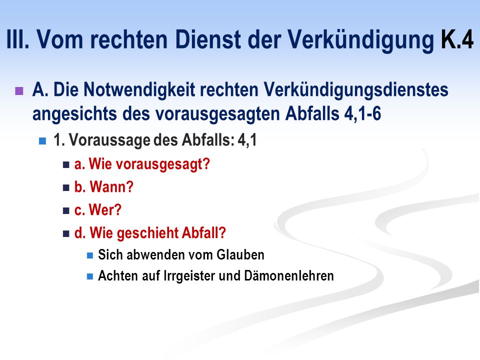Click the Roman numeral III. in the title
pyautogui.click(x=18, y=39)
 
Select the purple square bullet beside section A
pyautogui.click(x=19, y=91)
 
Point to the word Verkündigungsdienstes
pyautogui.click(x=356, y=90)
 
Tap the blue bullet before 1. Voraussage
pyautogui.click(x=42, y=141)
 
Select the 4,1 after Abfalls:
pyautogui.click(x=247, y=140)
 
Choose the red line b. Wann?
pyautogui.click(x=104, y=186)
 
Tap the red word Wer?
pyautogui.click(x=105, y=209)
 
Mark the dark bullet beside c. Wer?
pyautogui.click(x=66, y=210)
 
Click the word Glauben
pyautogui.click(x=240, y=255)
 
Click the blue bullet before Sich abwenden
pyautogui.click(x=90, y=255)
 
